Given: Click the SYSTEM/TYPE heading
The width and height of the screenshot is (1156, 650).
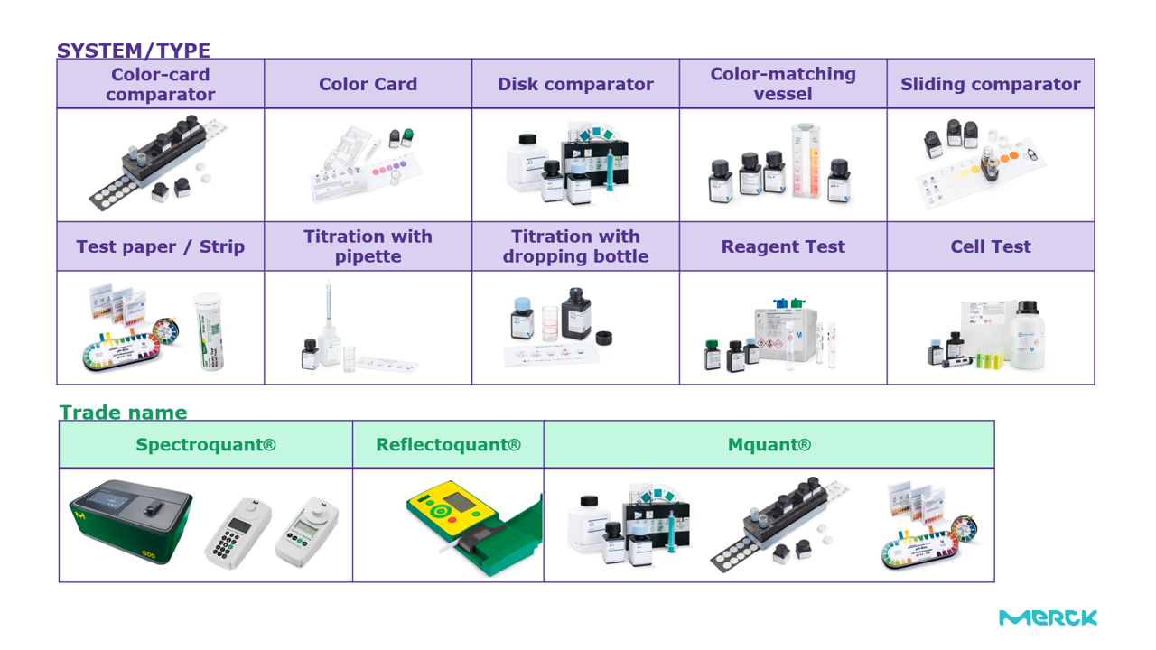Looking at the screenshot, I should [134, 51].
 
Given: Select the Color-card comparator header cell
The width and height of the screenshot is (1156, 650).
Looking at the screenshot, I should [161, 84].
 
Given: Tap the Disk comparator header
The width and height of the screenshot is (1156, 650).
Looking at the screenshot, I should [575, 84].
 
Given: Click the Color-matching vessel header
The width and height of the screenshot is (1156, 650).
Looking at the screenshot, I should [783, 84].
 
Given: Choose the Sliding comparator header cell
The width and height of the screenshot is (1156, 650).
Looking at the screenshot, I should [990, 84].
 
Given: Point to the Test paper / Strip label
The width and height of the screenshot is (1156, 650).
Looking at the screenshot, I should [161, 246].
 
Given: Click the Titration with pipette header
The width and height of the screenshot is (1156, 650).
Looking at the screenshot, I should [368, 246].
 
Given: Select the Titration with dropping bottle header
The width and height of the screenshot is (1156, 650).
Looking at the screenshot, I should [575, 246].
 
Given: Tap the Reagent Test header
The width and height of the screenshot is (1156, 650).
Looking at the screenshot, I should [783, 246].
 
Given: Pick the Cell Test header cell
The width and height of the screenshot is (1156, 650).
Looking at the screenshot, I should [990, 246].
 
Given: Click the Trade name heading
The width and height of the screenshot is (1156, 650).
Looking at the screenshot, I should [123, 413].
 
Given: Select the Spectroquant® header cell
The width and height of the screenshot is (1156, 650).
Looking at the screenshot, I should [206, 445].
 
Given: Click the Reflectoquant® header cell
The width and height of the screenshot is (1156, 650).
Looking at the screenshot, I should [448, 445].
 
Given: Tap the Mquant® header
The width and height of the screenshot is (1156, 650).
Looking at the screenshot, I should [769, 445].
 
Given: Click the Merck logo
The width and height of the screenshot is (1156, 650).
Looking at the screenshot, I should [1048, 617].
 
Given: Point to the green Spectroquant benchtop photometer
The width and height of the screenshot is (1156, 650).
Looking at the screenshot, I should [131, 521].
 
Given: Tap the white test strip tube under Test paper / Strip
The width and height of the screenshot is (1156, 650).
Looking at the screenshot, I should [209, 331].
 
